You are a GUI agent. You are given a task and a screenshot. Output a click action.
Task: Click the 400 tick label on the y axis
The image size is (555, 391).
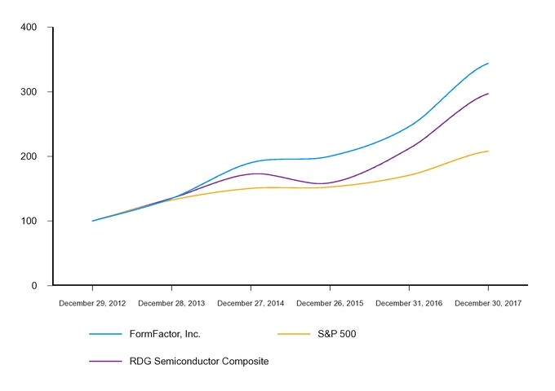pyautogui.click(x=29, y=28)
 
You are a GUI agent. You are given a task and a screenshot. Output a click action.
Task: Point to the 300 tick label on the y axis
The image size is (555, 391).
pyautogui.click(x=29, y=92)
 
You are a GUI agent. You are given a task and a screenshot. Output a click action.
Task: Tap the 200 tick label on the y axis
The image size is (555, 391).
pyautogui.click(x=29, y=156)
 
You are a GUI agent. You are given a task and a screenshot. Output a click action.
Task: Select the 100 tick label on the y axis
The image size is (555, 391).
pyautogui.click(x=29, y=221)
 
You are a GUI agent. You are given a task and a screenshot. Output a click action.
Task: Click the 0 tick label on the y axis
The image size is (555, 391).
pyautogui.click(x=34, y=286)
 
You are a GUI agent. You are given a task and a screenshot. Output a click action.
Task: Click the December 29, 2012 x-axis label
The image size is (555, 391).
pyautogui.click(x=92, y=303)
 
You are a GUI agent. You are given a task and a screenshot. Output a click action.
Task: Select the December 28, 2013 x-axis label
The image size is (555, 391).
pyautogui.click(x=171, y=303)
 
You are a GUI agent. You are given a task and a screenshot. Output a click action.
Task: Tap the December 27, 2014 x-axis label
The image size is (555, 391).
pyautogui.click(x=251, y=303)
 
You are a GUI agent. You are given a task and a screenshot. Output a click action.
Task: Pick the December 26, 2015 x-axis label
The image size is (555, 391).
pyautogui.click(x=330, y=303)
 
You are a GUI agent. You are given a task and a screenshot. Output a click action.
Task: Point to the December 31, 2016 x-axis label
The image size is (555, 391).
pyautogui.click(x=409, y=303)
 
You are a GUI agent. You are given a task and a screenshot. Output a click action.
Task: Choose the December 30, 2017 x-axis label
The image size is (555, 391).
pyautogui.click(x=488, y=303)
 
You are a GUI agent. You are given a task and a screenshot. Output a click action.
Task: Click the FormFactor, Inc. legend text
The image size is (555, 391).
pyautogui.click(x=165, y=334)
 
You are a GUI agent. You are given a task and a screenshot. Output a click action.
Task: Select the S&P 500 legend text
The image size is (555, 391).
pyautogui.click(x=336, y=334)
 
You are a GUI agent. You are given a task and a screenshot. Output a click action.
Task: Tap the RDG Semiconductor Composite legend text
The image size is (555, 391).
pyautogui.click(x=198, y=361)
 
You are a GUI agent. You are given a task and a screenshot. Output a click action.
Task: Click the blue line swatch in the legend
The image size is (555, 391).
pyautogui.click(x=105, y=334)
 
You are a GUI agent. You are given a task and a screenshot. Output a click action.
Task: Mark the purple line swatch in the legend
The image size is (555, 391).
pyautogui.click(x=105, y=361)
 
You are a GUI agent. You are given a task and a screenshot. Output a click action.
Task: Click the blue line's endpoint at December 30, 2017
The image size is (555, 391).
pyautogui.click(x=488, y=63)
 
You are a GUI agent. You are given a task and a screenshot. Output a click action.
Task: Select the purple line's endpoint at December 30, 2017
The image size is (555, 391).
pyautogui.click(x=488, y=94)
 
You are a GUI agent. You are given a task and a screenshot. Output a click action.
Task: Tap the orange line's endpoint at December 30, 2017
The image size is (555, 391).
pyautogui.click(x=488, y=151)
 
